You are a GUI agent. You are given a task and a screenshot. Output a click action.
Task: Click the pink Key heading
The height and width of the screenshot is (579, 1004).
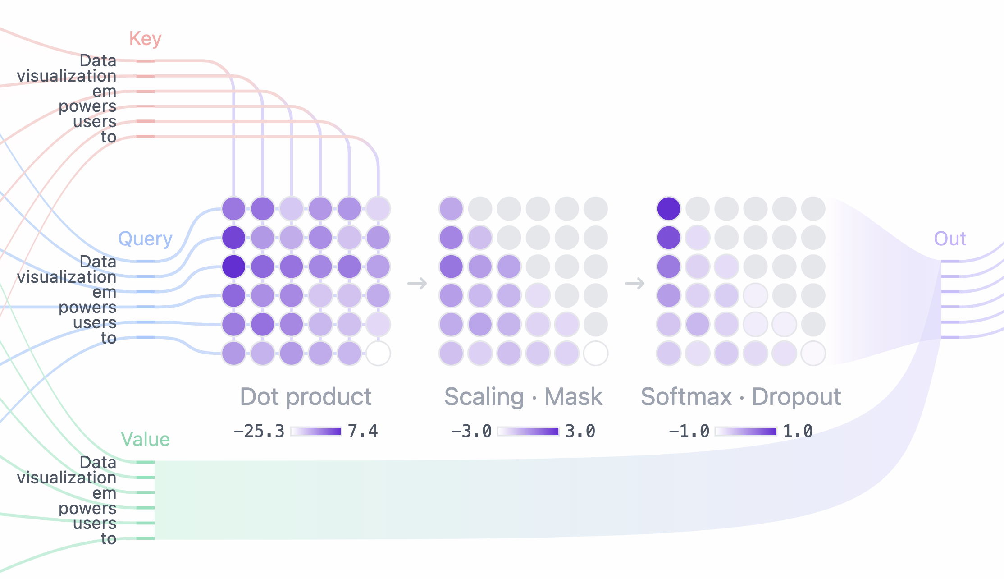tap(145, 39)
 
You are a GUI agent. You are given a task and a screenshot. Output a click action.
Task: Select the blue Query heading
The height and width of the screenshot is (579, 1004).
tap(145, 239)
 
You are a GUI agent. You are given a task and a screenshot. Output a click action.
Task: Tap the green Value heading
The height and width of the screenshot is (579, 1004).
tap(145, 439)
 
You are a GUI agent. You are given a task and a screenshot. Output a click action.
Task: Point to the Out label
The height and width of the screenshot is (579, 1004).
tap(950, 239)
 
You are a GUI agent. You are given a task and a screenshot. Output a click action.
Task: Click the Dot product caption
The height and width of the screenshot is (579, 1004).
tap(306, 397)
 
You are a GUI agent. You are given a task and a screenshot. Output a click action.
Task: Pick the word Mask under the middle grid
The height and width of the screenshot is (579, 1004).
tap(573, 397)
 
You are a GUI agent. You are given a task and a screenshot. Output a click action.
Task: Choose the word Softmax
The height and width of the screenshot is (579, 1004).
tap(686, 397)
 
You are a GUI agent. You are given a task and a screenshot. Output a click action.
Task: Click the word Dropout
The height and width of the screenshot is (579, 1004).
tap(796, 397)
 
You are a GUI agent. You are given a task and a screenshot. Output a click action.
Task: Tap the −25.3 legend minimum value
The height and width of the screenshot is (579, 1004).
tap(259, 432)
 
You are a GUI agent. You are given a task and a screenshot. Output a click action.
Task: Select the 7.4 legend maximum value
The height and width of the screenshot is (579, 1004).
tap(363, 432)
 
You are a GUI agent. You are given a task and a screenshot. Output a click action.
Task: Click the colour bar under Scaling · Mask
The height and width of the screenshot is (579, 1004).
tap(528, 432)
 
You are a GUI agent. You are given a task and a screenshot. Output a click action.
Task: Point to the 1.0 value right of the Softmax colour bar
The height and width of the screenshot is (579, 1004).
tap(798, 432)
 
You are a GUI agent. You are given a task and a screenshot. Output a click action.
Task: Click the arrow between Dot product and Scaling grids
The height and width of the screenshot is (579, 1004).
tap(417, 284)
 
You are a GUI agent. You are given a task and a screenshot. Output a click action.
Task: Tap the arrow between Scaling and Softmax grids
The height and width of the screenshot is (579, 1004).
tap(634, 284)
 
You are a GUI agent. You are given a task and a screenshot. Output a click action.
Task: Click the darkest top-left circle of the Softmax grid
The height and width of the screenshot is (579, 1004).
tap(669, 209)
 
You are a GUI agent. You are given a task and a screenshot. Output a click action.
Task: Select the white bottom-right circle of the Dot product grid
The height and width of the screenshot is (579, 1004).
tap(378, 354)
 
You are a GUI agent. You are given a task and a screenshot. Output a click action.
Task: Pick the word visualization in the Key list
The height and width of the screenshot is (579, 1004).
tap(67, 76)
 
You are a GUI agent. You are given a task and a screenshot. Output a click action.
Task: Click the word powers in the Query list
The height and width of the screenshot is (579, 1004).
tap(87, 308)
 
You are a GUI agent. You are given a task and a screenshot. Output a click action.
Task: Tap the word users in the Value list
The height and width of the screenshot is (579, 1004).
tap(95, 524)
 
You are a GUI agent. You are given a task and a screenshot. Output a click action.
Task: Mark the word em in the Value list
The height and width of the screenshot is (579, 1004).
tap(104, 493)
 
